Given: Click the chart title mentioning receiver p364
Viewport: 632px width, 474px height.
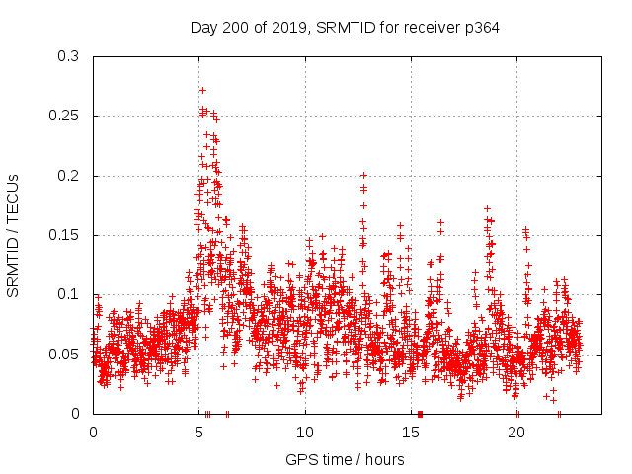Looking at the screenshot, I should [345, 28].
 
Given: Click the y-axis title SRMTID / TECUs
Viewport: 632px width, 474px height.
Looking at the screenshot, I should [13, 235].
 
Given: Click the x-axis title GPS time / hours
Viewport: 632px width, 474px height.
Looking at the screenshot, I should [345, 459].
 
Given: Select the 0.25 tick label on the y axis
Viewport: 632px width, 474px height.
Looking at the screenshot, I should [64, 117].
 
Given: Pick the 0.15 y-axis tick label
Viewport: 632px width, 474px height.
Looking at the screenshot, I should [64, 235].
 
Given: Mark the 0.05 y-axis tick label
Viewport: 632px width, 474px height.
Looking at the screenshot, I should [64, 354].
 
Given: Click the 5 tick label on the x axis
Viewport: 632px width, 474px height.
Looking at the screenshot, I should [199, 433].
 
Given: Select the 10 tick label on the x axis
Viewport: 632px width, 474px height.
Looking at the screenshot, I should [305, 433].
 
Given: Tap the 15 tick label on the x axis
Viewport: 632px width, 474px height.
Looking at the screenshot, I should [411, 433].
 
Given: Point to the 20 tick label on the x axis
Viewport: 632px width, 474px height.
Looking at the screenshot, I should [516, 433].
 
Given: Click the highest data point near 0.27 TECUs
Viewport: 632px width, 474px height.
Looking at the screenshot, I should [202, 90].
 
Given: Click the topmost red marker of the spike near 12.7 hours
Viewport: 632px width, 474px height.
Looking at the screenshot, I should [363, 175].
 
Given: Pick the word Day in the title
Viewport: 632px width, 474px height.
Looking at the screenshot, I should [203, 28].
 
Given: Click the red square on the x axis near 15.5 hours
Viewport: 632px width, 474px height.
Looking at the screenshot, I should [420, 414].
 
